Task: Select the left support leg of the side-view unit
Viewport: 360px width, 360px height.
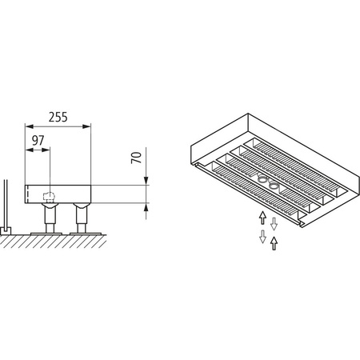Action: tap(50, 218)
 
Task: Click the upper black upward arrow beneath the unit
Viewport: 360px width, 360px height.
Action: tap(262, 217)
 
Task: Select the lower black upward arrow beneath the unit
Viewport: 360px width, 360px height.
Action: tap(274, 242)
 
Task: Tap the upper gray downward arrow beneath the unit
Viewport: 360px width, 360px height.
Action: tap(274, 222)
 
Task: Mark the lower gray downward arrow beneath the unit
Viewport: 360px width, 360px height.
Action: tap(262, 237)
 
